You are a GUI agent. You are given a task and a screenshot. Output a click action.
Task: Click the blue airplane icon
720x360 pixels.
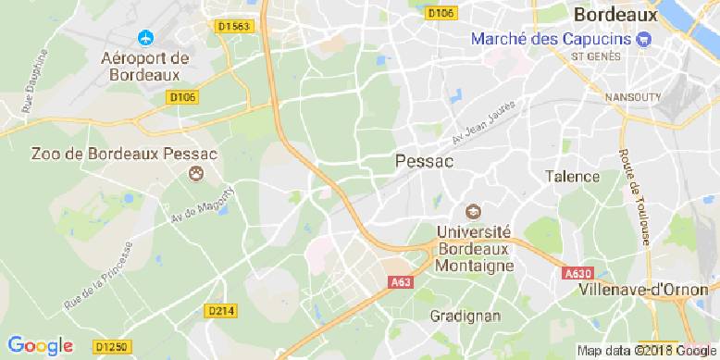click(144, 38)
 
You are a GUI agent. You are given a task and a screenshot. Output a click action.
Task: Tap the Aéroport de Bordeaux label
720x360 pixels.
click(144, 66)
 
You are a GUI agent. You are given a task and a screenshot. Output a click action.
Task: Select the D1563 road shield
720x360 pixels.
click(234, 28)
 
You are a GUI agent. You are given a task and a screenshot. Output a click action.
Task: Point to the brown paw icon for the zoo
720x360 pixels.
click(196, 173)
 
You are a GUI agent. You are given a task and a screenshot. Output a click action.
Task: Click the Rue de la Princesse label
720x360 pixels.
click(98, 276)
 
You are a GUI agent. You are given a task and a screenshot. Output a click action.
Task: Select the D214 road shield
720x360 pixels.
click(219, 311)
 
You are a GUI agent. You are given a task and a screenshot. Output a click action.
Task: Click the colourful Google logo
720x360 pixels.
click(37, 346)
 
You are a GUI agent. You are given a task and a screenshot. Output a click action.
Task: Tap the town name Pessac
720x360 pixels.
click(424, 161)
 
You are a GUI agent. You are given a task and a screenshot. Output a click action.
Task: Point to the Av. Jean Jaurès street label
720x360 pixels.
click(482, 126)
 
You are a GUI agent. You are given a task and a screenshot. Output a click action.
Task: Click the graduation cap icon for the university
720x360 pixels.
click(473, 212)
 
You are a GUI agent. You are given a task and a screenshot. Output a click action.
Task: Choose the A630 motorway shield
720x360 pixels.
click(577, 274)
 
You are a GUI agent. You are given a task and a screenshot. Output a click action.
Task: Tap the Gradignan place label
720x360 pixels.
click(466, 315)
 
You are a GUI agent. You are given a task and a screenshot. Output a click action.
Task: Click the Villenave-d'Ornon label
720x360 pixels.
click(644, 290)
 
